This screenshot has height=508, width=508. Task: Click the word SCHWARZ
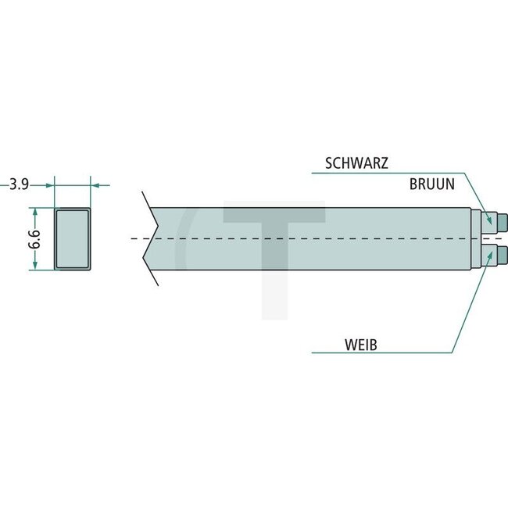pos(356,163)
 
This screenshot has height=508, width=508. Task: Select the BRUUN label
pos(433,185)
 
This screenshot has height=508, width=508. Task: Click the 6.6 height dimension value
pos(34,239)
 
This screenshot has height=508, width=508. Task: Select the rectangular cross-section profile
pos(72,239)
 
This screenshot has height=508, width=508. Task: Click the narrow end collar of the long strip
pos(475,238)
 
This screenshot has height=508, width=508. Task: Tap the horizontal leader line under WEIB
pos(375,352)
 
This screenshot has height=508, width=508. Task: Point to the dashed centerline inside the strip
pos(313,238)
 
